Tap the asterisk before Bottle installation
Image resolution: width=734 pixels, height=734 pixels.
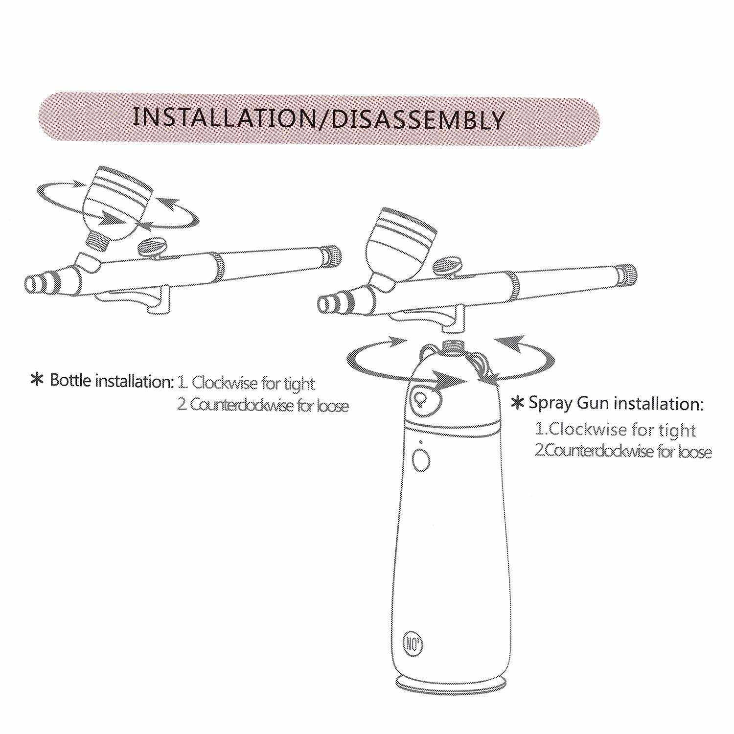pos(36,380)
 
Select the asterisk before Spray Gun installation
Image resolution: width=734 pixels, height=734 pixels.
pos(517,403)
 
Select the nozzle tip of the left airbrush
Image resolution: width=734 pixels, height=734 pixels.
pos(33,284)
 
